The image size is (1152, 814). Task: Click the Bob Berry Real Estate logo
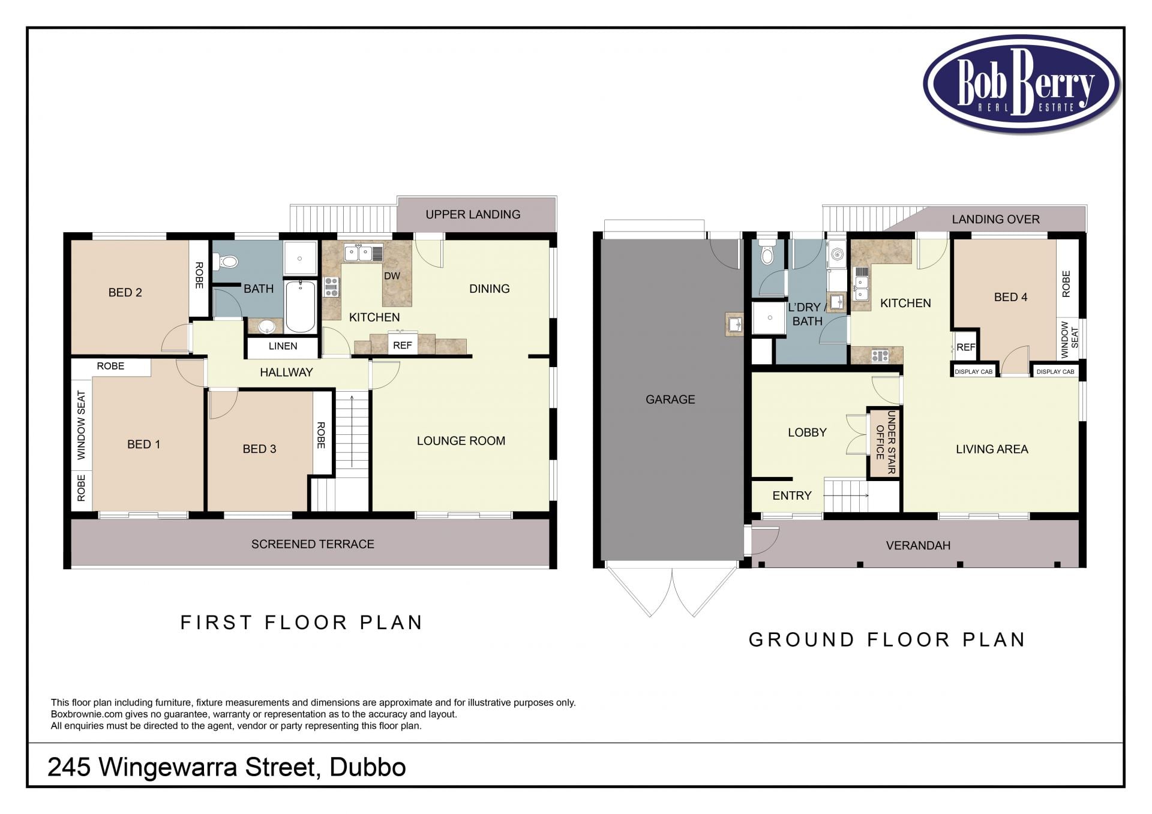point(1021,83)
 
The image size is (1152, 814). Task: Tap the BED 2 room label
point(125,293)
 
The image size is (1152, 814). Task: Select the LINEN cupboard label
point(283,346)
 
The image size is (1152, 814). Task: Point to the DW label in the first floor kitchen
point(392,276)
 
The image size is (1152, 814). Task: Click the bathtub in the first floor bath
point(300,306)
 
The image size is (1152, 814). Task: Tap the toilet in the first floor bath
point(228,262)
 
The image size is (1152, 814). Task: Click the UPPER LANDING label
point(473,215)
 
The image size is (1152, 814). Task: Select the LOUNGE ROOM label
point(461,441)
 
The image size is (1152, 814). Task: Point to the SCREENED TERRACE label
point(313,544)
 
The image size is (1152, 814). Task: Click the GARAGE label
point(670,400)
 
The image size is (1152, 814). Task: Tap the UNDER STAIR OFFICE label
point(885,442)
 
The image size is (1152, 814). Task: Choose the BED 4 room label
point(1010,297)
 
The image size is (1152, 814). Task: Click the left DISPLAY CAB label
point(973,372)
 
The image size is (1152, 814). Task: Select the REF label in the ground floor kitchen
point(965,347)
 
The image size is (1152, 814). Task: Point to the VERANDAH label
point(918,546)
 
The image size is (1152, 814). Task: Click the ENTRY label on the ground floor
point(791,495)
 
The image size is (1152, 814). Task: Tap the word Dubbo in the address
point(368,767)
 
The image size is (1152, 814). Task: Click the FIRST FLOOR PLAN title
point(302,623)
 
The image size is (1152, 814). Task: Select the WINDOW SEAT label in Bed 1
point(81,425)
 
